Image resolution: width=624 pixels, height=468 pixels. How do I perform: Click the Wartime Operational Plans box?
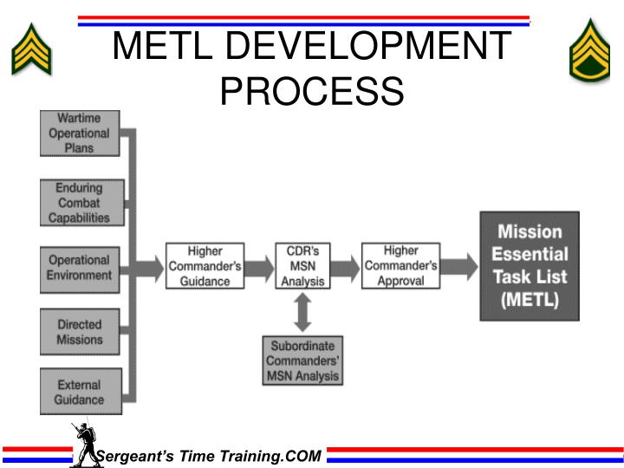79,133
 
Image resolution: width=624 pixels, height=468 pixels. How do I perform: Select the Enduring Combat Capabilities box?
79,203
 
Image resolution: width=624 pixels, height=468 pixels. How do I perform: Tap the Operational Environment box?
79,268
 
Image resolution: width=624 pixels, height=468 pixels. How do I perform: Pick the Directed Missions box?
79,333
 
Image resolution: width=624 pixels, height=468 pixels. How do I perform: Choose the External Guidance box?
79,393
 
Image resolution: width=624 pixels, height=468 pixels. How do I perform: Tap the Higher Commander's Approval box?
400,266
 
